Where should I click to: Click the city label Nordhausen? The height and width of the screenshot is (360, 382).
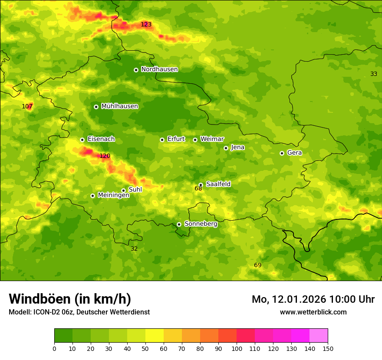tap(159, 69)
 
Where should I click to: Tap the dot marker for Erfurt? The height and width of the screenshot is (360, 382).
tap(162, 140)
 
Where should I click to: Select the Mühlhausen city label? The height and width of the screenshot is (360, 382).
tap(119, 106)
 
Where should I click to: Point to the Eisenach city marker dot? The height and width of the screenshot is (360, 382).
tap(82, 140)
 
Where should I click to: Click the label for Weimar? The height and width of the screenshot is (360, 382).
tap(212, 139)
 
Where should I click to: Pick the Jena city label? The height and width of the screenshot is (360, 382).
tap(237, 147)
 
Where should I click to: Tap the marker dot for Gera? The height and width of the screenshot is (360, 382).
tap(282, 153)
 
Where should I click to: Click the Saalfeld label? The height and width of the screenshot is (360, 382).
tap(218, 184)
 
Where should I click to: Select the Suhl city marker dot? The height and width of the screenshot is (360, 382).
tap(123, 190)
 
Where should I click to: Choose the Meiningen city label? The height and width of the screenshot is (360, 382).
tap(113, 195)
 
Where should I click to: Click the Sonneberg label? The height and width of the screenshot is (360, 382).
tap(201, 224)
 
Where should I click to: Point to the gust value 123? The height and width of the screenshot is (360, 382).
tap(146, 25)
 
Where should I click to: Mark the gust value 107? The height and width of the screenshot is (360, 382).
tap(27, 106)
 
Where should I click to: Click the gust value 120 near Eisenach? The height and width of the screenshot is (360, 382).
tap(105, 156)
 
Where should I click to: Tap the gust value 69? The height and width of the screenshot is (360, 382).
tap(257, 265)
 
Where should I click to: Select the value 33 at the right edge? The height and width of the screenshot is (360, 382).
tap(373, 74)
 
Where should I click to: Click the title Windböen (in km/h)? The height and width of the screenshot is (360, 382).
tap(70, 299)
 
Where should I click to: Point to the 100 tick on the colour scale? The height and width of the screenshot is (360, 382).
tap(237, 348)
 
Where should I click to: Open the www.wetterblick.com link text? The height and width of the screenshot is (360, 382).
tap(313, 312)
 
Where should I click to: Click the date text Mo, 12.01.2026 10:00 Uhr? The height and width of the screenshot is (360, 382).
tap(313, 299)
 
